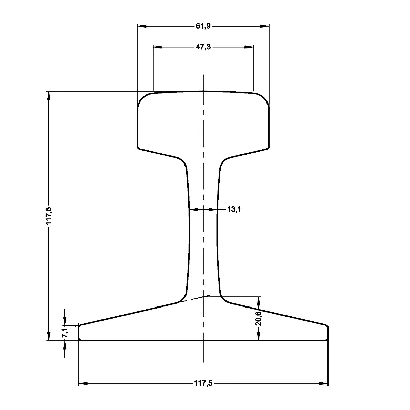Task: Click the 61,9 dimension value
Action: [x=203, y=25]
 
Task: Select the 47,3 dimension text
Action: [x=203, y=47]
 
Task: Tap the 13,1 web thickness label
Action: [x=233, y=209]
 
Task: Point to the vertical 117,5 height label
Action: [x=49, y=216]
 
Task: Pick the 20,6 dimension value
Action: [x=259, y=318]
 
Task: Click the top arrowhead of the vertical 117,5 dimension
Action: [x=49, y=95]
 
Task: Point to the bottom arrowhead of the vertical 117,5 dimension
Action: [x=49, y=336]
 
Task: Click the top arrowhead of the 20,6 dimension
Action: [x=259, y=300]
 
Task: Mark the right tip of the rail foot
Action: [x=327, y=332]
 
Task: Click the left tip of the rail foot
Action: [x=79, y=332]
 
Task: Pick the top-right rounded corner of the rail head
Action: [x=265, y=98]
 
